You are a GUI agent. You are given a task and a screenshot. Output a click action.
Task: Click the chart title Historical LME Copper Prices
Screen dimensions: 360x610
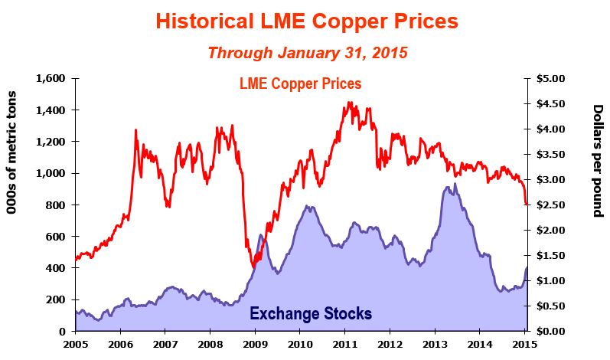coord(306,20)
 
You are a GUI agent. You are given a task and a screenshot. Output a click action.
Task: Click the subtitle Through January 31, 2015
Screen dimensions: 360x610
coord(307,54)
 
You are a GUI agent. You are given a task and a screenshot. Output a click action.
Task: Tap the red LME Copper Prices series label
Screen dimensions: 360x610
coord(299,83)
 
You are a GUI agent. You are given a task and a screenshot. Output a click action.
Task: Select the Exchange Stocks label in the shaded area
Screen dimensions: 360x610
coord(311,313)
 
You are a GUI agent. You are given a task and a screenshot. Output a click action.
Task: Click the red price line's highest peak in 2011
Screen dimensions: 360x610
coord(349,102)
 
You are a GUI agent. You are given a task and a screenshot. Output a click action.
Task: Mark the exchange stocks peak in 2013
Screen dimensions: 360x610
coord(455,184)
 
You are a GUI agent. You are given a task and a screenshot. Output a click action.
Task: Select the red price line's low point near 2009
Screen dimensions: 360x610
coord(253,267)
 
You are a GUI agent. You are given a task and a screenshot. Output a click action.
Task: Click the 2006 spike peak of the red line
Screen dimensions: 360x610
coord(135,130)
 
